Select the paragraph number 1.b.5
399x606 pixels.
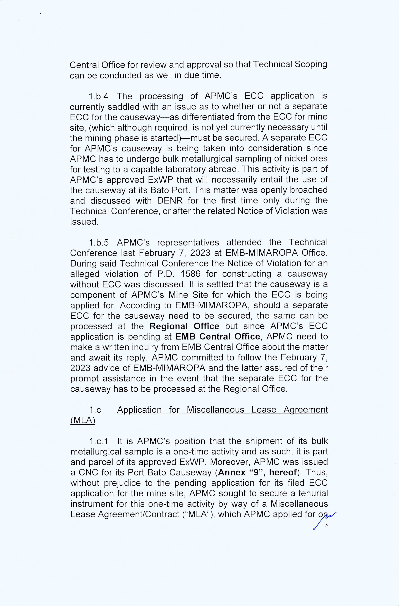[99, 242]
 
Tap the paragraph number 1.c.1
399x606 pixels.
[99, 441]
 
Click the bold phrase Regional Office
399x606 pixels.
[184, 326]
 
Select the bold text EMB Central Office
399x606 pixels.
[217, 337]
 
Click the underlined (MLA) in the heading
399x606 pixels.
[83, 420]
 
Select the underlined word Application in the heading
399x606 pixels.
[139, 410]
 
